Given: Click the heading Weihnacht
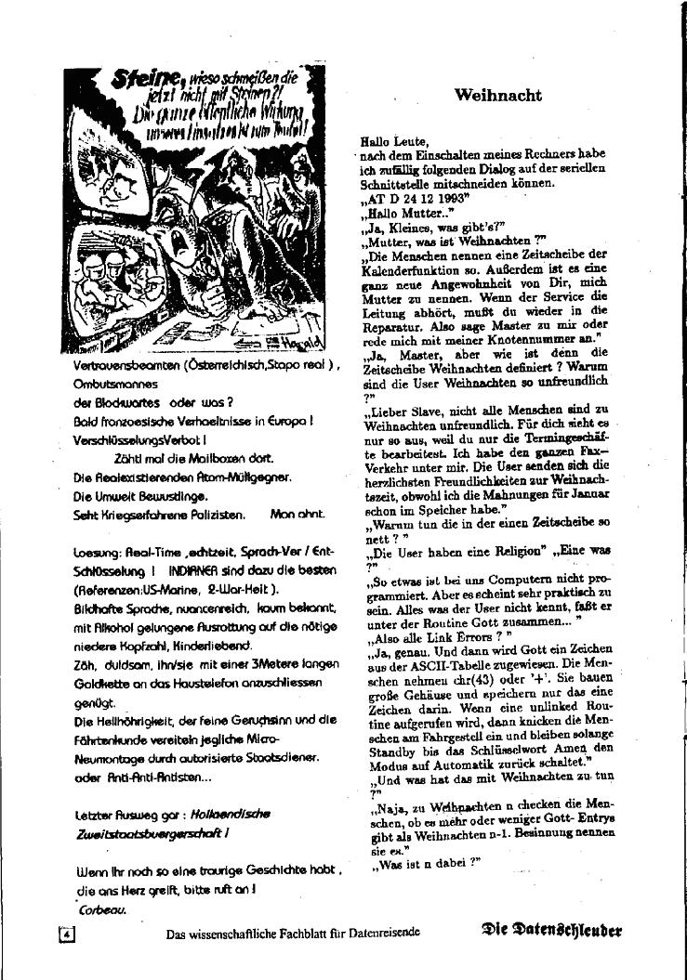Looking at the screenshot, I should click(498, 95).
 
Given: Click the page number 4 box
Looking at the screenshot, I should click(66, 934).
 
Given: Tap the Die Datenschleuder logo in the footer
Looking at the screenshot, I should click(552, 930).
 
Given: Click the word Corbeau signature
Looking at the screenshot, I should click(101, 910).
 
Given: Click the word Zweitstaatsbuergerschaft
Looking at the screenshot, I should click(143, 833).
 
